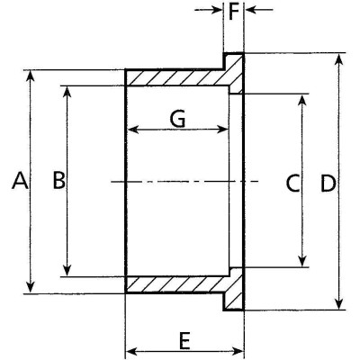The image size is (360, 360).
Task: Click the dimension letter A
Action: [21, 180]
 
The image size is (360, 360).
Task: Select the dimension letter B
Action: [58, 180]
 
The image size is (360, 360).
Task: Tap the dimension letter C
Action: [292, 183]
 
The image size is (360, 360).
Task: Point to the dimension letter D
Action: [328, 183]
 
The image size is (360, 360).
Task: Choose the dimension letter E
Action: [185, 341]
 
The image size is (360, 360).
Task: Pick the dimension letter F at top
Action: [234, 12]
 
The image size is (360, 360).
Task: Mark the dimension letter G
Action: [177, 119]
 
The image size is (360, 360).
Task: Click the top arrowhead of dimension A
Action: [31, 76]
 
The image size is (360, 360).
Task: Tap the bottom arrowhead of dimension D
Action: [339, 303]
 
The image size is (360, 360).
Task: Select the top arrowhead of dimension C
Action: [302, 100]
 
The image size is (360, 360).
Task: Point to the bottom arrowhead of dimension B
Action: [67, 270]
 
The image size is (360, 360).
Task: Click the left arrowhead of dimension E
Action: [131, 351]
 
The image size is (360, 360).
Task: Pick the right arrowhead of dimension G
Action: [222, 130]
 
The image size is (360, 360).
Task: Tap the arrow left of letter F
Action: [209, 10]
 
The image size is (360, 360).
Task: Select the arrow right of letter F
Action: [259, 10]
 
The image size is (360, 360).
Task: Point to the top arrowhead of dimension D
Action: [339, 59]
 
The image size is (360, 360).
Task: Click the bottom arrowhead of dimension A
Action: [31, 287]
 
